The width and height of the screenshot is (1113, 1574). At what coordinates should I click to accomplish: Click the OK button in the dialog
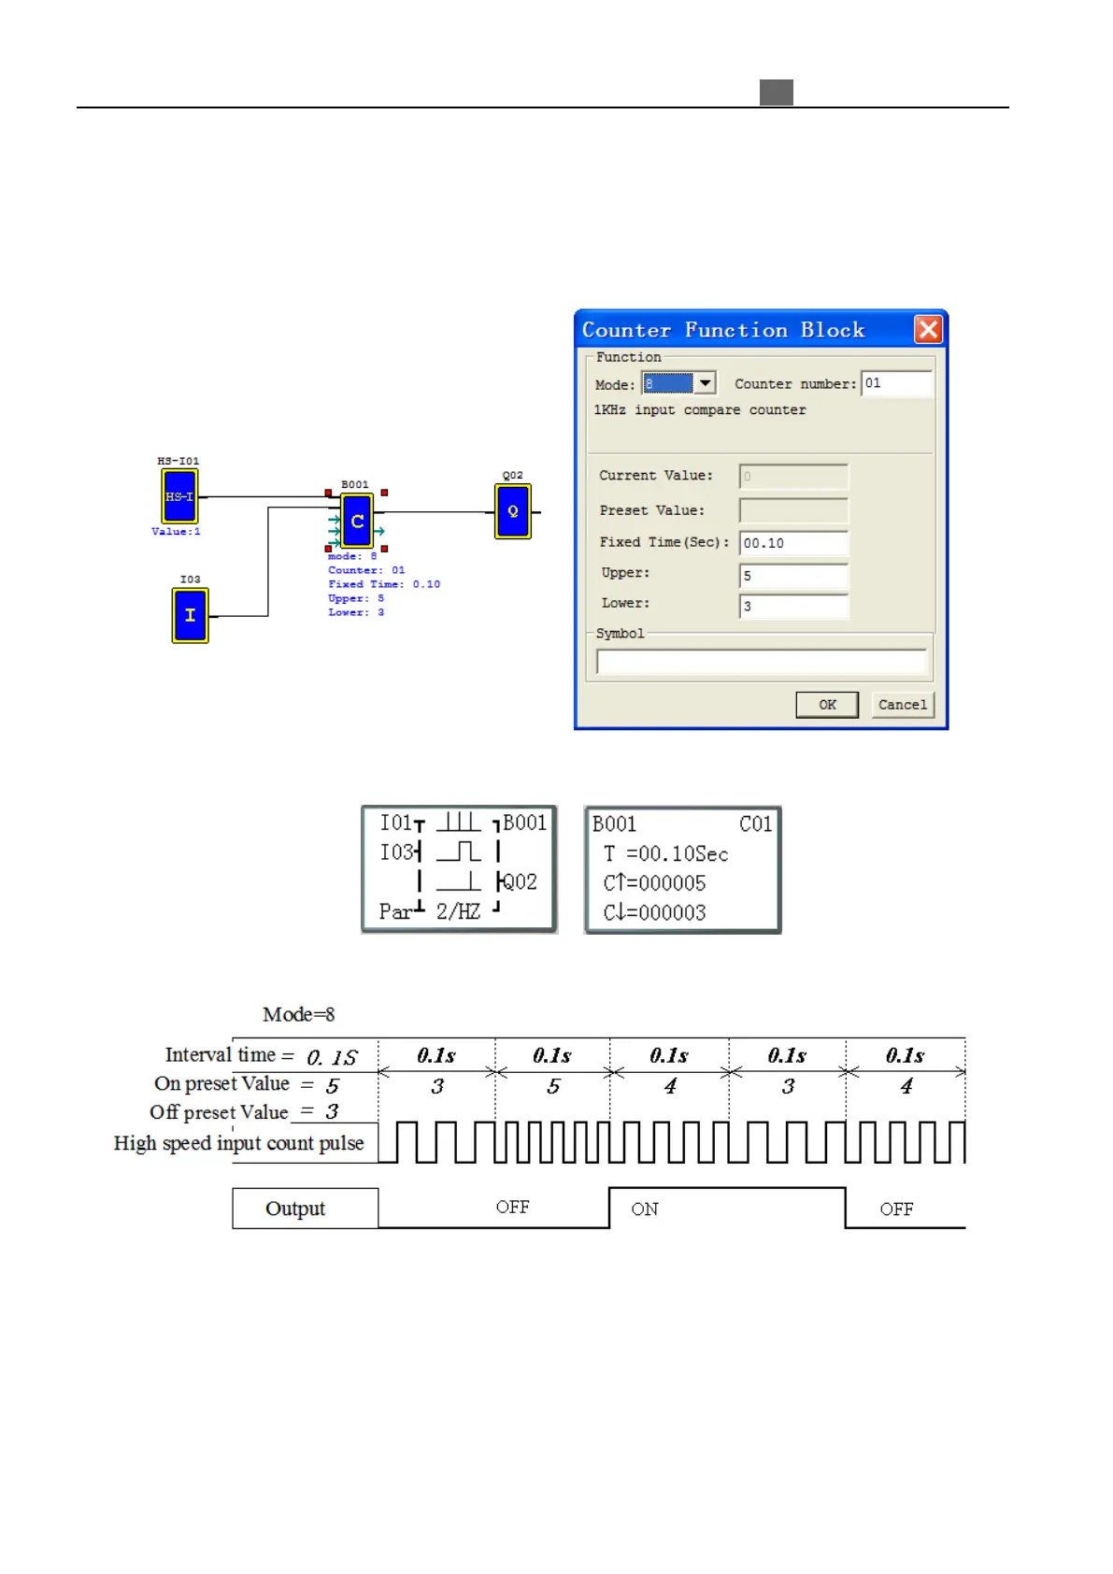pos(826,705)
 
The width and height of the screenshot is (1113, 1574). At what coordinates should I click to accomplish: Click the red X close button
pos(928,329)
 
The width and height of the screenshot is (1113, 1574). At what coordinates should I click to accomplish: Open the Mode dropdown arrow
pos(706,383)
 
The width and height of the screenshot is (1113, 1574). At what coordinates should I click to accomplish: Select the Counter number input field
pos(895,383)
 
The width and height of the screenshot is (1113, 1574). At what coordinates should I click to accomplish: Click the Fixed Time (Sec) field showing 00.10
pos(793,543)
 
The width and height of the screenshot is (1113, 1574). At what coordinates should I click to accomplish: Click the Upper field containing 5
pos(793,576)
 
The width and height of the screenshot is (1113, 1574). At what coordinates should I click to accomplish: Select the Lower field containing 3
pos(793,607)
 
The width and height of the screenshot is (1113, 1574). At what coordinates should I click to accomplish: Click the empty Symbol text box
pos(761,662)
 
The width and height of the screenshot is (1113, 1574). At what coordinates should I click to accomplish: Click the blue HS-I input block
pos(178,496)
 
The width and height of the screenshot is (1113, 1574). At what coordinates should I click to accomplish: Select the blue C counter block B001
pos(357,521)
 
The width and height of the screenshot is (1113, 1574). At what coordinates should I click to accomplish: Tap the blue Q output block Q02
pos(512,511)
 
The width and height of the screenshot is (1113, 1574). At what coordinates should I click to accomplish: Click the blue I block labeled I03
pos(190,615)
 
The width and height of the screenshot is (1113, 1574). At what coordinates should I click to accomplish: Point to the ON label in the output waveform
pos(645,1209)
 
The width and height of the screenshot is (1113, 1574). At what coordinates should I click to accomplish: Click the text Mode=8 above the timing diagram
pos(298,1015)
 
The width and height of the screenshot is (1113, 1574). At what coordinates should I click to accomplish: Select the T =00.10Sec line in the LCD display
pos(665,854)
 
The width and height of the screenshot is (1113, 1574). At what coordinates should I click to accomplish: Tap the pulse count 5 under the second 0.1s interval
pos(553,1086)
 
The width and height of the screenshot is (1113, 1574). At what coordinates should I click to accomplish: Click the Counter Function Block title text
pos(723,330)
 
